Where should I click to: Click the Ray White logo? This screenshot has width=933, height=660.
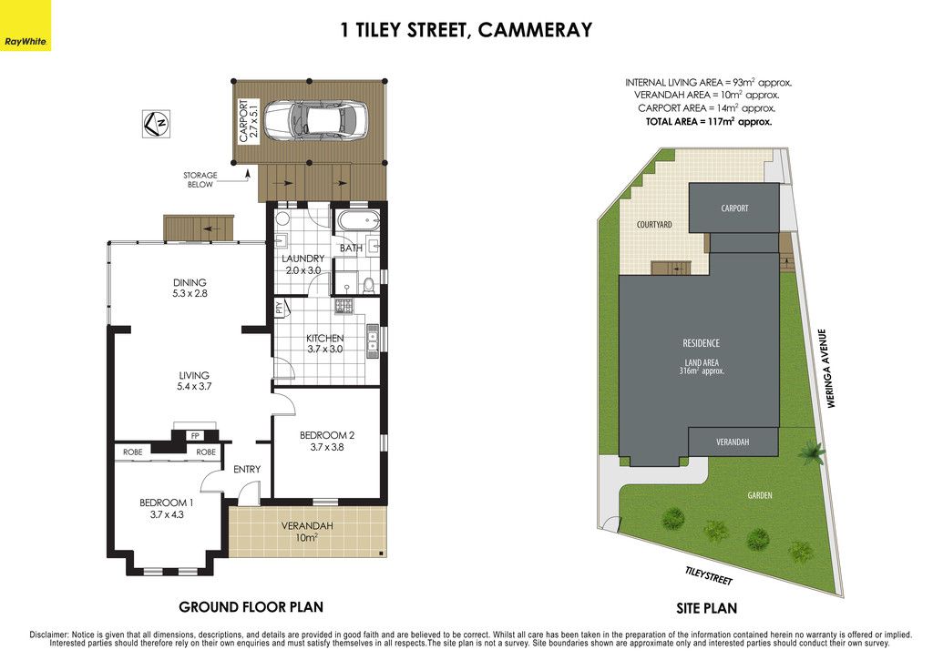pyautogui.click(x=26, y=25)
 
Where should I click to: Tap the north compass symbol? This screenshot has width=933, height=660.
pyautogui.click(x=156, y=124)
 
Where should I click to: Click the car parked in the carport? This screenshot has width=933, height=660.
pyautogui.click(x=314, y=120)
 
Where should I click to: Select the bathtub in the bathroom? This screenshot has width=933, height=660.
pyautogui.click(x=358, y=220)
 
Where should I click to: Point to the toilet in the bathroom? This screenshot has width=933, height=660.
pyautogui.click(x=369, y=286)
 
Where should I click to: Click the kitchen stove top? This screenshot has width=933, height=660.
pyautogui.click(x=343, y=306)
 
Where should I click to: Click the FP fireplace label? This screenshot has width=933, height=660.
pyautogui.click(x=195, y=436)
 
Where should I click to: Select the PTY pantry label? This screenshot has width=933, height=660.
pyautogui.click(x=279, y=308)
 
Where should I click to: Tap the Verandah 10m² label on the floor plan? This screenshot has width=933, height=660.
pyautogui.click(x=307, y=532)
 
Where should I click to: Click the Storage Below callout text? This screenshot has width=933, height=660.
pyautogui.click(x=200, y=179)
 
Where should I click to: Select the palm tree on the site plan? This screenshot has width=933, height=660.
pyautogui.click(x=810, y=452)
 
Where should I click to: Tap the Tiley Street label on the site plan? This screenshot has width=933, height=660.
pyautogui.click(x=709, y=575)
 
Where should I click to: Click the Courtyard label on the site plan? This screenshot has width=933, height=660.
pyautogui.click(x=654, y=225)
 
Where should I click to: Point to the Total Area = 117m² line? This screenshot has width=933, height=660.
pyautogui.click(x=709, y=121)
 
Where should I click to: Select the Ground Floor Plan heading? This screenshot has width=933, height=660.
pyautogui.click(x=251, y=607)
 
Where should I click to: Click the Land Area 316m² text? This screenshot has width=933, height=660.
pyautogui.click(x=702, y=366)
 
